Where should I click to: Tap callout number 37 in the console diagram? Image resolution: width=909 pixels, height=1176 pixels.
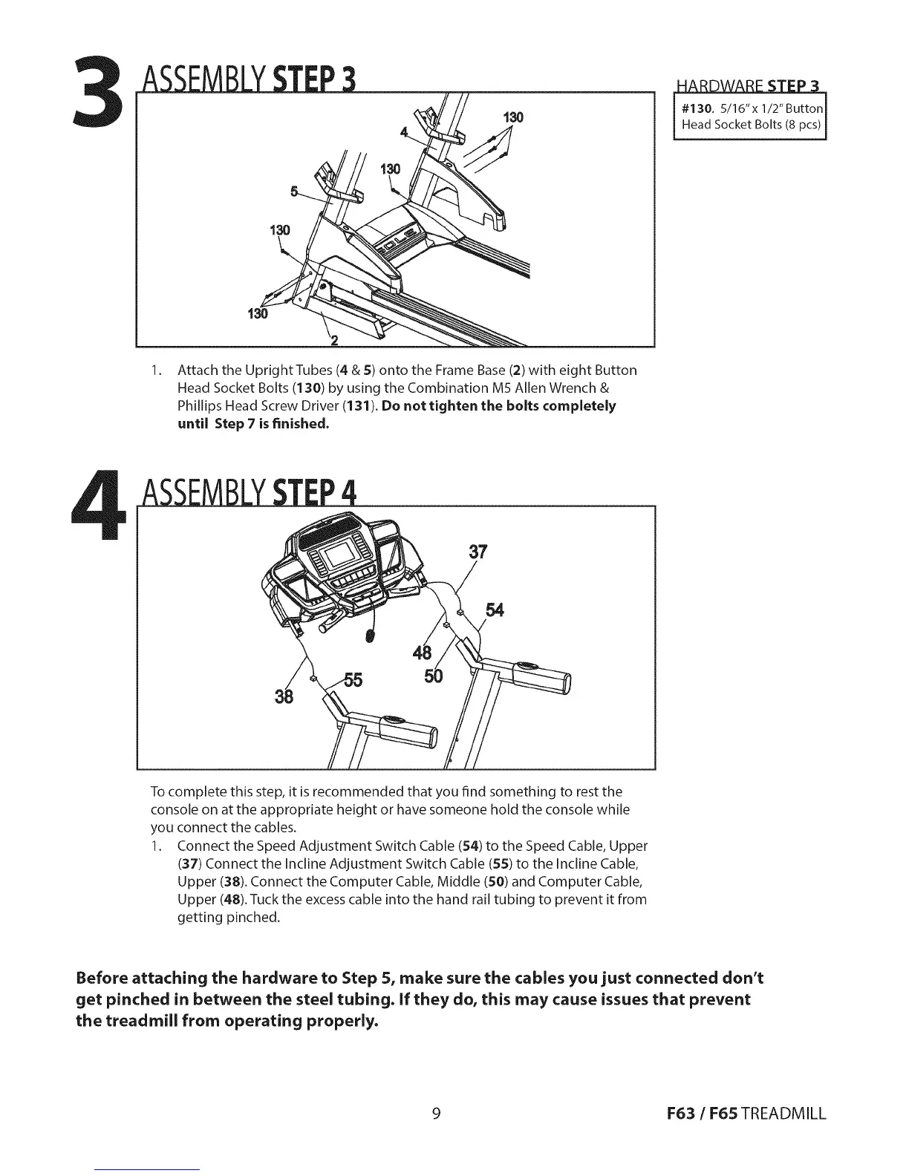pyautogui.click(x=479, y=552)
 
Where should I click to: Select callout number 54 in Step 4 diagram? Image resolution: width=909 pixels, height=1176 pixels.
pyautogui.click(x=495, y=610)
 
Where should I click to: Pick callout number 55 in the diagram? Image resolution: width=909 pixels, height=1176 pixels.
pyautogui.click(x=352, y=680)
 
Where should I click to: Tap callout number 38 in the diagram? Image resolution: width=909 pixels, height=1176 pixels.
pyautogui.click(x=284, y=697)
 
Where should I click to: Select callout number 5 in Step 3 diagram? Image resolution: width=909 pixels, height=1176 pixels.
pyautogui.click(x=294, y=192)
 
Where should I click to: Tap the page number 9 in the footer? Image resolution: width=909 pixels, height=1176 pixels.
pyautogui.click(x=437, y=1113)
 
